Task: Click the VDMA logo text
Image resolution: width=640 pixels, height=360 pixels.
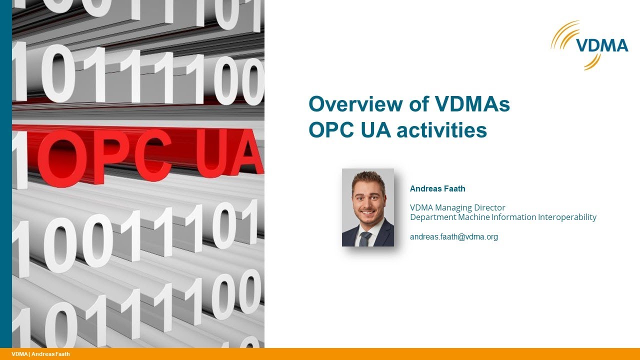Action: [602, 46]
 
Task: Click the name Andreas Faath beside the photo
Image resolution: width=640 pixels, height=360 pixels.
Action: [437, 189]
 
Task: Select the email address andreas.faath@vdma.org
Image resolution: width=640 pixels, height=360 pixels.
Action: [453, 237]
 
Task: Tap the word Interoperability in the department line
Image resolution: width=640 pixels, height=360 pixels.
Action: [567, 217]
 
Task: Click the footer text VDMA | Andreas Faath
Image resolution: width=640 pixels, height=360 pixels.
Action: [40, 354]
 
